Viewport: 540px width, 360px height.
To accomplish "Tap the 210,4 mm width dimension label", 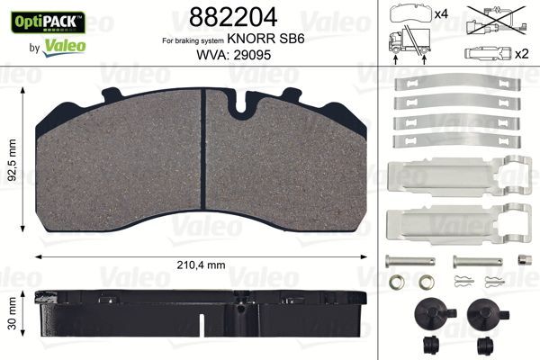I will point(208,264).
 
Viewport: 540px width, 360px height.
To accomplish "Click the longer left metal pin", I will point(411,261).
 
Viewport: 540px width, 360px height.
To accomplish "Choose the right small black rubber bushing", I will point(486,345).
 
